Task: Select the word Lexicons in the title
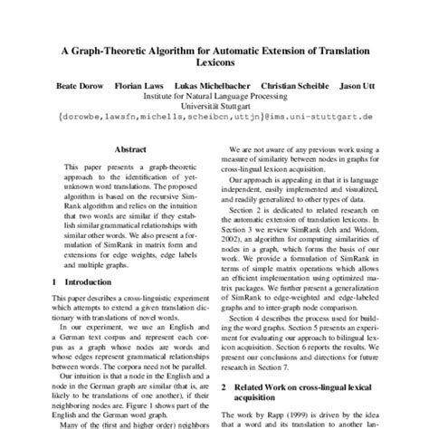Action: (x=214, y=65)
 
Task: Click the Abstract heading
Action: (x=132, y=149)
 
